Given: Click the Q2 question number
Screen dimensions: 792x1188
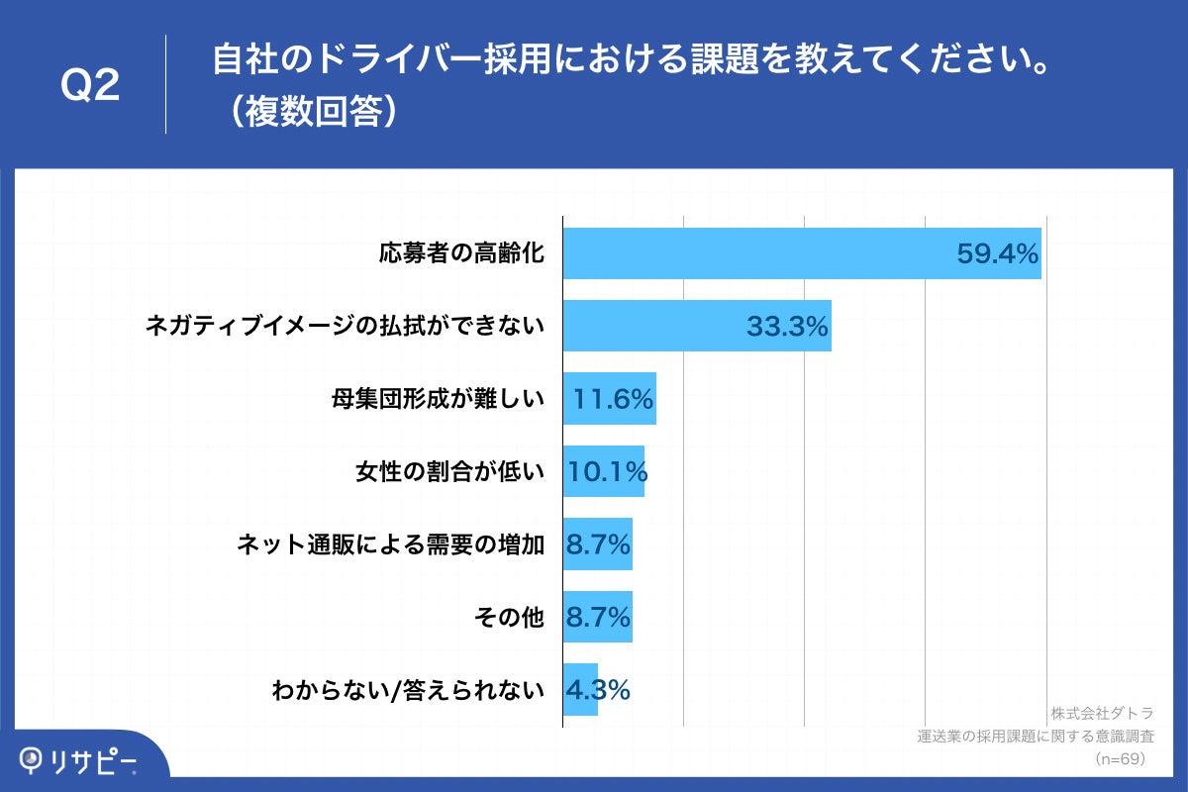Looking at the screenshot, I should pos(90,86).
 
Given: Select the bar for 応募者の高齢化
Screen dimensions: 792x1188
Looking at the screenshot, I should pos(752,253).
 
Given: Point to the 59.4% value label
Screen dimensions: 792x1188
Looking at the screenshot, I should pos(997,254).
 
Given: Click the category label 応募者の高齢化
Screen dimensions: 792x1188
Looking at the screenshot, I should pos(461,253).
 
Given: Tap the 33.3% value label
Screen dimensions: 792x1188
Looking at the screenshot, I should pos(787,327).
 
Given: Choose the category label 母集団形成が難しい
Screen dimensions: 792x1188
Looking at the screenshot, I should pos(438,399).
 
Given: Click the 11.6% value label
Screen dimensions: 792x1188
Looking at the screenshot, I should pos(613,399).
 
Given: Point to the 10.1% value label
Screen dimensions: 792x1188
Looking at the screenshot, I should pos(606,472).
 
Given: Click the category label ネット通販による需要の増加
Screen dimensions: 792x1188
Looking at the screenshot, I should pos(391,544).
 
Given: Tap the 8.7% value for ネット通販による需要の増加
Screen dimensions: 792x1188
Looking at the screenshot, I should pos(597,544).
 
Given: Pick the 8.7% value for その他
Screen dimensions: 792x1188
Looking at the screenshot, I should pos(597,618).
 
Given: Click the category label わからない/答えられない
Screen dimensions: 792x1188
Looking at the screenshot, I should pos(408,690).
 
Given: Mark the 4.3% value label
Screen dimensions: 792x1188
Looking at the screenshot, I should pos(597,690).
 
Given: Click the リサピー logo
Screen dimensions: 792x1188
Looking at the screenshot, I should pos(79,760).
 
